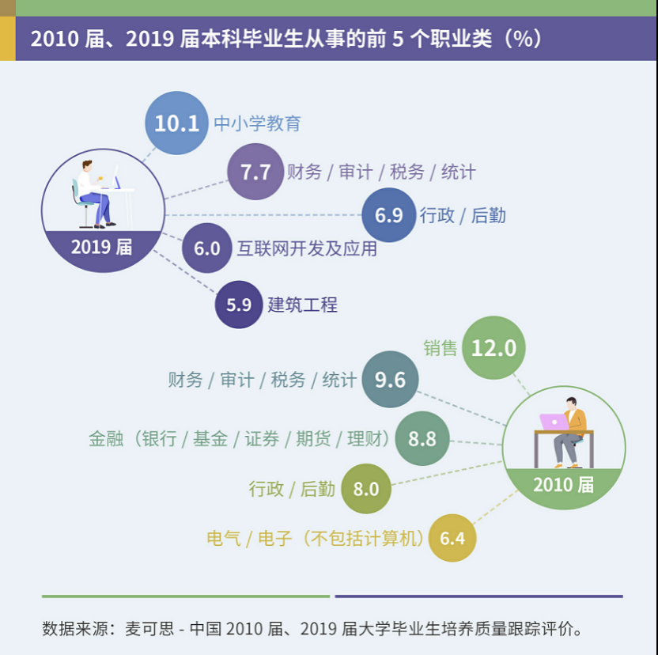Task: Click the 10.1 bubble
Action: click(x=176, y=123)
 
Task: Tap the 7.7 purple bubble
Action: click(x=255, y=172)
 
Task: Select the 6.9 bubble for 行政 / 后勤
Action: click(x=389, y=215)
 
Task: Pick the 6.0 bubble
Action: click(x=207, y=248)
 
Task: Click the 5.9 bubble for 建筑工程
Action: click(x=239, y=305)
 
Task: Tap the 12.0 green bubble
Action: click(x=494, y=348)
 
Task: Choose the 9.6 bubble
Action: click(x=390, y=380)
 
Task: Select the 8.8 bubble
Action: click(x=422, y=439)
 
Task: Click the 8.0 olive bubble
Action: click(x=366, y=489)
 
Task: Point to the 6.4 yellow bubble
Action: click(x=452, y=538)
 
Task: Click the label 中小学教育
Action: click(x=257, y=123)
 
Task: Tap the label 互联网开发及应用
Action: click(x=307, y=248)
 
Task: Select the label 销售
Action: click(x=441, y=348)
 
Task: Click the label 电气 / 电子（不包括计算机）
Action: click(x=316, y=538)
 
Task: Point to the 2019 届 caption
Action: click(x=101, y=247)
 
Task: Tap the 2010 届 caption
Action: click(x=564, y=485)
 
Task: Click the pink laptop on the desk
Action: click(x=554, y=422)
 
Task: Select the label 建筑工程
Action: click(x=303, y=305)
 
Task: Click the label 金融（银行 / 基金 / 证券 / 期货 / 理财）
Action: click(x=240, y=439)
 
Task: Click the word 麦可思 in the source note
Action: click(x=149, y=629)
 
